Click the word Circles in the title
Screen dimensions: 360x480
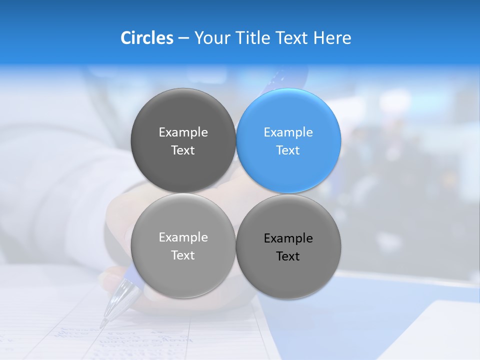click(x=147, y=38)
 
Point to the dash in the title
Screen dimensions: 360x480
click(x=183, y=38)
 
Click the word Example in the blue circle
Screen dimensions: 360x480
click(x=288, y=132)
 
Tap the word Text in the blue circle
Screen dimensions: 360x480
click(x=288, y=150)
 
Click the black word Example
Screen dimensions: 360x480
click(x=288, y=238)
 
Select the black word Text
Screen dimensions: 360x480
click(x=288, y=256)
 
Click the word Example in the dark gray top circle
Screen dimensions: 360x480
click(x=183, y=132)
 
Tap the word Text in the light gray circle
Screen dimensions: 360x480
click(x=183, y=255)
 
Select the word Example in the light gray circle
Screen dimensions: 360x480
click(x=183, y=237)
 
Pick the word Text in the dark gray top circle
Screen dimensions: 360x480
click(x=183, y=150)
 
